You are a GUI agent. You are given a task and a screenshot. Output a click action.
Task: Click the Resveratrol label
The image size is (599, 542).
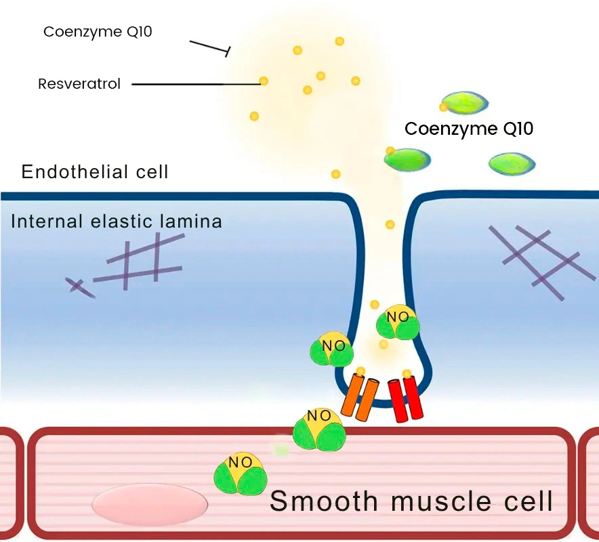pos(79,85)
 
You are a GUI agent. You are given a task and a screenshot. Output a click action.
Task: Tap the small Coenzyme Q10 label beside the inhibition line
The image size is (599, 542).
pos(98,32)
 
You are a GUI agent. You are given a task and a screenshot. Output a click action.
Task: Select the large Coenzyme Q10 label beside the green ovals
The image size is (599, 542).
pos(469,129)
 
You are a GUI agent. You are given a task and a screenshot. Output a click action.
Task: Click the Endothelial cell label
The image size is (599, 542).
pos(95,171)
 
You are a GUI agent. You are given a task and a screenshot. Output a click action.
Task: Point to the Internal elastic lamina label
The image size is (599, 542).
pos(117,222)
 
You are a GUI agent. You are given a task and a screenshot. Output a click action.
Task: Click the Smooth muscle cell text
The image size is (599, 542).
pos(411,502)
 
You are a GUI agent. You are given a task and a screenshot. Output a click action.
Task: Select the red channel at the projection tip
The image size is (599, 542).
pos(405,400)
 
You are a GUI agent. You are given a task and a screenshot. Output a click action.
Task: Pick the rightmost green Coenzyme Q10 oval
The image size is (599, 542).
pos(512,163)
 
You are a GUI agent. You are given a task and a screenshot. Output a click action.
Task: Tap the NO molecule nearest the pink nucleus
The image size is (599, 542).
pos(241,473)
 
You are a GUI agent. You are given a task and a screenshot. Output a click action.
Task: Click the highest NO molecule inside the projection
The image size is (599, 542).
pos(398,321)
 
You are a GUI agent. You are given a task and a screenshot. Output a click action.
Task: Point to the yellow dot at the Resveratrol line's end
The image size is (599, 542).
pos(264,81)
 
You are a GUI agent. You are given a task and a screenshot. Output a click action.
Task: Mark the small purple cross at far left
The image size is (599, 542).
pos(79,287)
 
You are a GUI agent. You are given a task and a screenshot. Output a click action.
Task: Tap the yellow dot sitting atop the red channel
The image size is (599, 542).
pos(407,374)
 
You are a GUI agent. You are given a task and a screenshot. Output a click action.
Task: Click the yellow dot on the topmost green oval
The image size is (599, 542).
pos(444,106)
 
